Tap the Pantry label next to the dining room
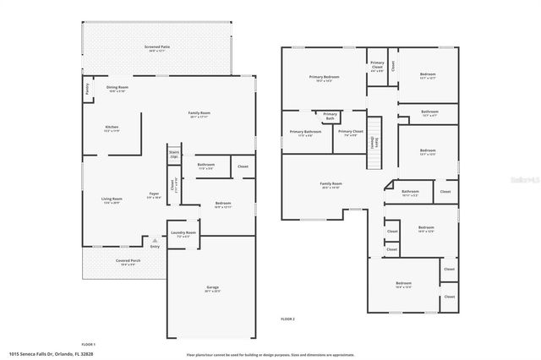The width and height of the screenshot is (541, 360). [x=87, y=88]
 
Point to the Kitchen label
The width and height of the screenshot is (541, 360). [x=112, y=128]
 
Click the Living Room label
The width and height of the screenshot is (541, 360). [x=112, y=201]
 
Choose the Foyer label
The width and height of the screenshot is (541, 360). [x=154, y=195]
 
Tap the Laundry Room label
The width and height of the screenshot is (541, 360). [x=183, y=234]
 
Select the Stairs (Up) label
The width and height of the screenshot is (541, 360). [x=174, y=155]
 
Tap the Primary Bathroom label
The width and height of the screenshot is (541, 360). [x=305, y=133]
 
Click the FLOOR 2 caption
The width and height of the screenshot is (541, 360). [x=288, y=319]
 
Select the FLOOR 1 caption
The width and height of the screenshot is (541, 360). [x=89, y=344]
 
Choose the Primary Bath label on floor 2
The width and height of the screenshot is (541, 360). [x=330, y=116]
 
